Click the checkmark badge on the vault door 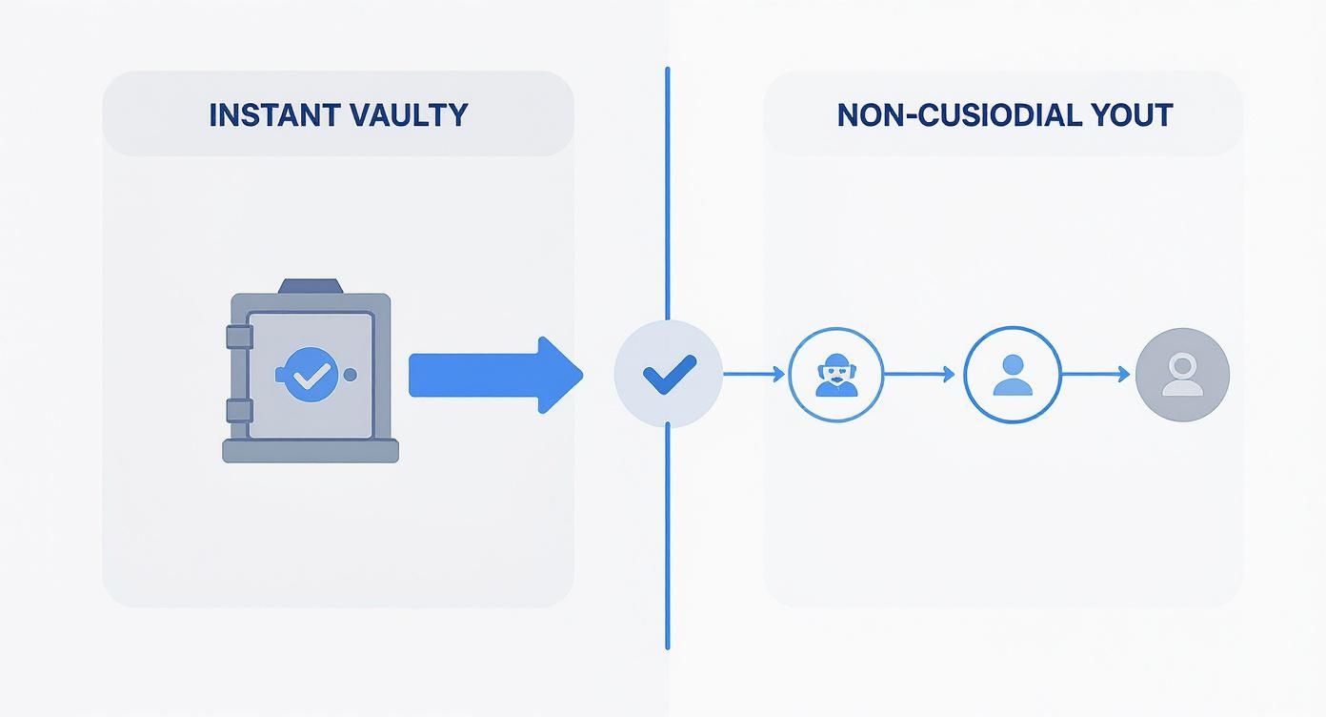point(308,375)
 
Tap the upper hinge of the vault point(238,337)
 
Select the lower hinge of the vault point(238,411)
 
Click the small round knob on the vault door point(351,375)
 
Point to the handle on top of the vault point(310,286)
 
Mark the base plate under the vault point(310,450)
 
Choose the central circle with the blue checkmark point(669,374)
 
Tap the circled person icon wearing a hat point(835,375)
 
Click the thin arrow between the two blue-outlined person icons point(919,375)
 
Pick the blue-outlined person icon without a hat point(1012,375)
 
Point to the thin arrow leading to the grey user point(1095,375)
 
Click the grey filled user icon point(1182,375)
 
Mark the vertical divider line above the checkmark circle point(667,191)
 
